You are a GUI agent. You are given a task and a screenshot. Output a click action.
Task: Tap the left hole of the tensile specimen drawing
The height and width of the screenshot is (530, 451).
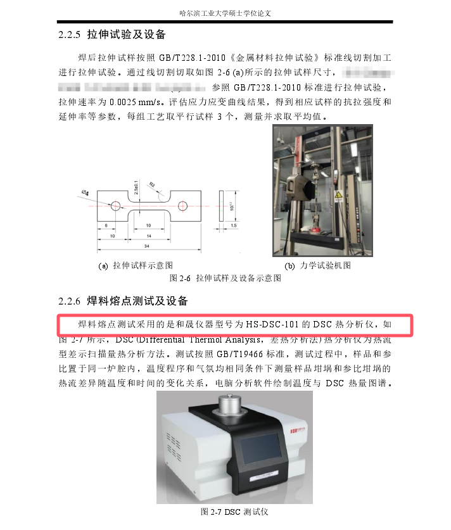pos(115,206)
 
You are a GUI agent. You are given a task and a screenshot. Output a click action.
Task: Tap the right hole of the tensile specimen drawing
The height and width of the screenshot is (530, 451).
pos(184,206)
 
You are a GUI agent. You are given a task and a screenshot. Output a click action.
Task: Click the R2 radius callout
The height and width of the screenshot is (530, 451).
pos(152,185)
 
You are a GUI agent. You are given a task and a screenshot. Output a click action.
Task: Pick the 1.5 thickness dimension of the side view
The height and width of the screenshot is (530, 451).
pos(234,225)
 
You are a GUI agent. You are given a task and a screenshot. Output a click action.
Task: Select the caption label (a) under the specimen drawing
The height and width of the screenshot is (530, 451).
pos(103,266)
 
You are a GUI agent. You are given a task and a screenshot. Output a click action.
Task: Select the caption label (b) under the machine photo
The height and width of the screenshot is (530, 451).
pos(290,266)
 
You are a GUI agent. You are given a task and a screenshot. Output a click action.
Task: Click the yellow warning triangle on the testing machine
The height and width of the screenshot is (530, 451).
pos(339,194)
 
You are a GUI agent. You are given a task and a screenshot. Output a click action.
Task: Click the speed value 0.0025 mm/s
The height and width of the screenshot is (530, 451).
pos(132,102)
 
